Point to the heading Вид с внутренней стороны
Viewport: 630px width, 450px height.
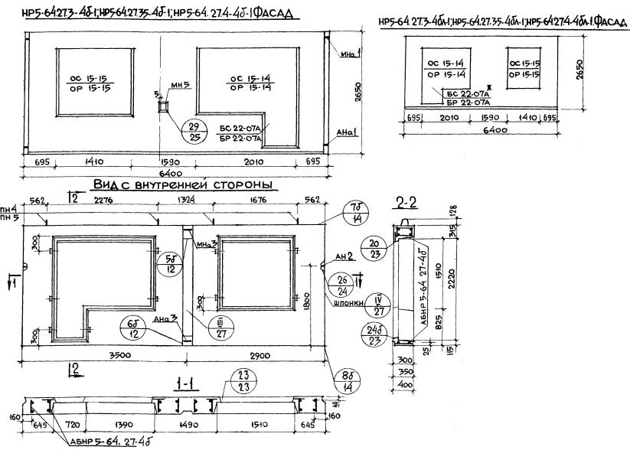click(184, 186)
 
